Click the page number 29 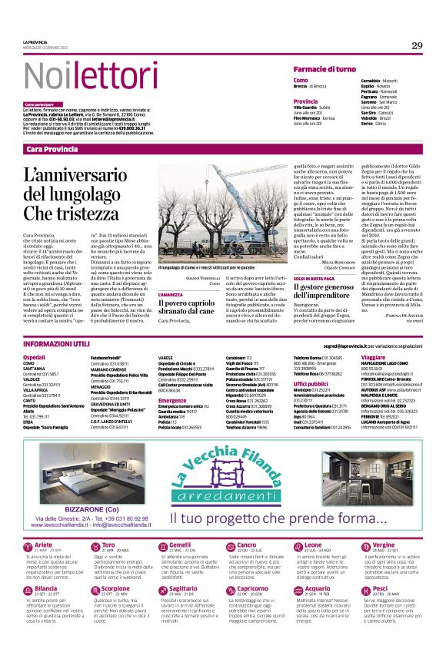point(417,46)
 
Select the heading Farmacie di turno point(325,69)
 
